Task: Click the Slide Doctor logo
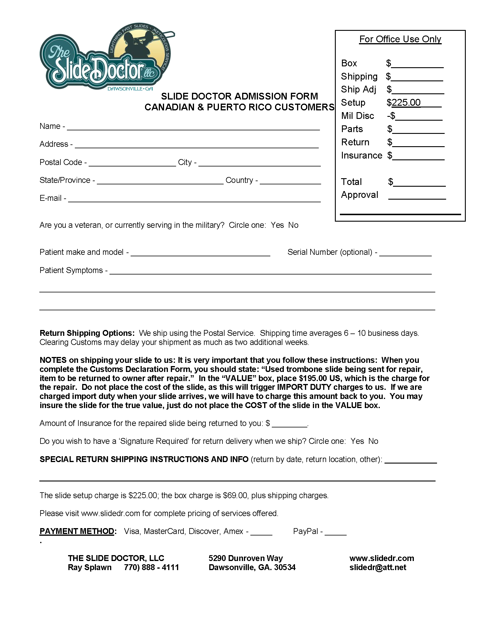106,59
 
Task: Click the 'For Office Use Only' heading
400,39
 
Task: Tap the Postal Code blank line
132,163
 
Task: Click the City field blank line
259,163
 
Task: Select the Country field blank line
290,181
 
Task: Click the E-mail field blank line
194,199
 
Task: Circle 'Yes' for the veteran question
277,225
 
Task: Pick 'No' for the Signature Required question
373,441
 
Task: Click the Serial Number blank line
405,253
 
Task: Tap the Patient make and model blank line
200,253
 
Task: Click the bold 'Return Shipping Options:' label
87,333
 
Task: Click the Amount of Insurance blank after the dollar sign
289,424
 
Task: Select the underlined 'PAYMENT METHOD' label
77,531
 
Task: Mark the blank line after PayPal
335,532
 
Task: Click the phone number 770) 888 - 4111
151,567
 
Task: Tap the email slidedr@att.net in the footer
378,567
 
